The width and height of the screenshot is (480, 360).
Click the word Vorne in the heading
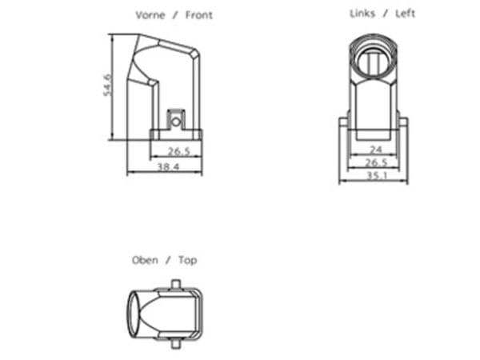coord(150,15)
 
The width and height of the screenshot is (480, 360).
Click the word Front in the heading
coord(199,15)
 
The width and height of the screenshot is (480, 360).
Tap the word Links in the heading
coord(362,14)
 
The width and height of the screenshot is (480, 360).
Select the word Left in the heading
coord(406,14)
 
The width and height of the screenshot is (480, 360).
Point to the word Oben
coord(145,260)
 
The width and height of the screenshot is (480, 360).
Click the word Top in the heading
coord(188,260)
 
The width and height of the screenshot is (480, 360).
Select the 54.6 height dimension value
coord(107,85)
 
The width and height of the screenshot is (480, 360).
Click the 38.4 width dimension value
coord(168,167)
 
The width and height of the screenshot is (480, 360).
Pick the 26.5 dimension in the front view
coord(179,151)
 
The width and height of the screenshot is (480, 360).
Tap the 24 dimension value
coord(376,150)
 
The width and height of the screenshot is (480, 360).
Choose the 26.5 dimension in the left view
coord(376,162)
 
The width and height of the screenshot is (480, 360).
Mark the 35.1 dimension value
coord(377,176)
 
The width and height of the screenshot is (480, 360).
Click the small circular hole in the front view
coord(176,122)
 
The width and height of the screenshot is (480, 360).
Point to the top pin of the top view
coord(175,283)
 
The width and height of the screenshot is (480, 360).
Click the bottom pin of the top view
coord(175,344)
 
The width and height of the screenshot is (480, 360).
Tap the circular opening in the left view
coord(374,58)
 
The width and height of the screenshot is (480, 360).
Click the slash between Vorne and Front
coord(175,15)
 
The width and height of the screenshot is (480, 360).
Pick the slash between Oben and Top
coord(168,260)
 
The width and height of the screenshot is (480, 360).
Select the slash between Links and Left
coord(385,14)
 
